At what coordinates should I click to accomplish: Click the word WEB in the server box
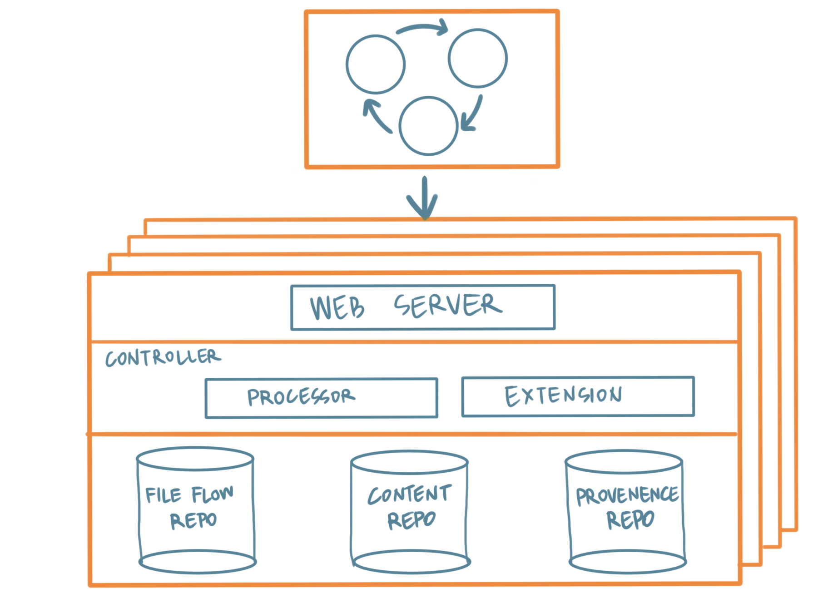[337, 307]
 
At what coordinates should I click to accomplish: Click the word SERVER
[448, 305]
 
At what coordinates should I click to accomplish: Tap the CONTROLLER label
[164, 357]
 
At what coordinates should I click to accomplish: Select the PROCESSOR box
[321, 398]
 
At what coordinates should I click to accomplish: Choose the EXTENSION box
[578, 396]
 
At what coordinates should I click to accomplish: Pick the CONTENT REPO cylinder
[410, 512]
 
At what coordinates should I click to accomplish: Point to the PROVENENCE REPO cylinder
[626, 512]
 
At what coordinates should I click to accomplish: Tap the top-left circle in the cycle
[375, 64]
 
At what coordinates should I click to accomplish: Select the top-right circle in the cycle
[477, 58]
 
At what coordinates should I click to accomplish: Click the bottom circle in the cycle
[428, 126]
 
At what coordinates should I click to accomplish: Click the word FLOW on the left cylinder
[213, 494]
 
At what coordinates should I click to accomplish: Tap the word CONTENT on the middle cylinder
[410, 494]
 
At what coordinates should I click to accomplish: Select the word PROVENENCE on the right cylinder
[627, 495]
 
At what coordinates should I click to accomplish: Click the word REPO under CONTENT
[411, 520]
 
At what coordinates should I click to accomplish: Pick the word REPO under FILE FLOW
[193, 520]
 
